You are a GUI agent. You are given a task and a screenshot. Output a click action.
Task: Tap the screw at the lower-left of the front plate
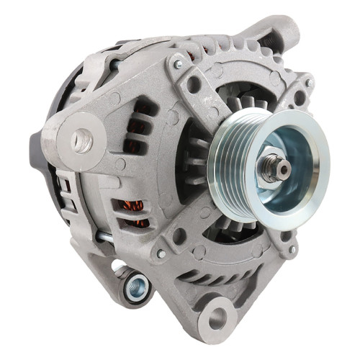161,253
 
